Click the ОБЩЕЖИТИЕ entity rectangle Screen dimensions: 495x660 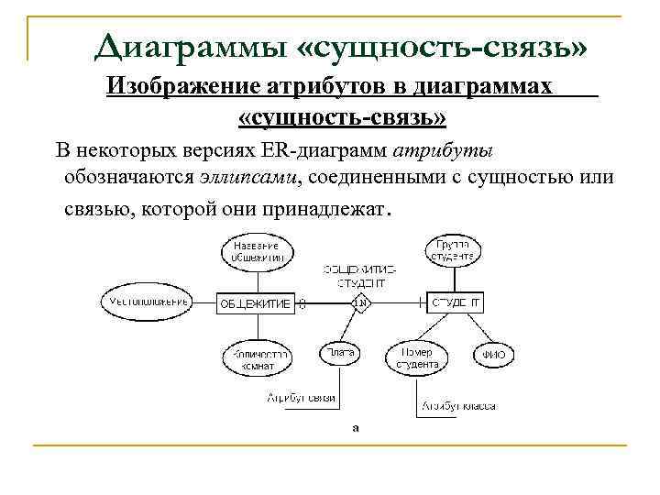255,302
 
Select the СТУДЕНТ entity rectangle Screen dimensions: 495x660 456,302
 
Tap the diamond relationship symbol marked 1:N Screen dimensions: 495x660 361,302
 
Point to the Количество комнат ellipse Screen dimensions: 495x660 258,358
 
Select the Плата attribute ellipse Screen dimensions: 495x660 339,353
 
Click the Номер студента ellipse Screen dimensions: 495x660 418,357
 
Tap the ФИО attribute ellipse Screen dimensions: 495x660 495,355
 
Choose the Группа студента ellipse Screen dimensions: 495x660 455,250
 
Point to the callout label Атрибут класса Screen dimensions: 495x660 459,404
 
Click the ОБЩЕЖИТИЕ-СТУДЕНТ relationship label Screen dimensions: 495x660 360,276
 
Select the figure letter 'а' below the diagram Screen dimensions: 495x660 356,426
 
